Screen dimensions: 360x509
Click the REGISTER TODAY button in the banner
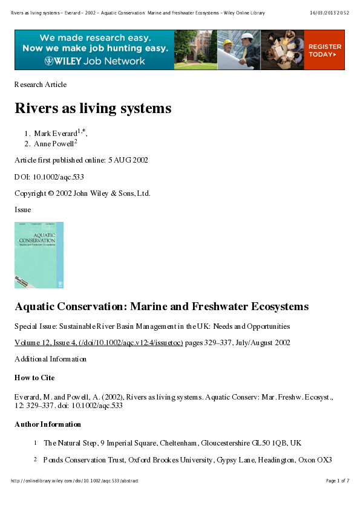pyautogui.click(x=324, y=50)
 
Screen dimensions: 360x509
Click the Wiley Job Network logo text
pyautogui.click(x=94, y=61)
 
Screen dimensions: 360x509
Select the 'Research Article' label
pyautogui.click(x=41, y=85)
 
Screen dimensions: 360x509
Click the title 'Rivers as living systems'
pyautogui.click(x=93, y=109)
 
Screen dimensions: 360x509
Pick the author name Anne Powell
pyautogui.click(x=54, y=144)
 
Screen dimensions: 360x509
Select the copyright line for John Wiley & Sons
pyautogui.click(x=82, y=193)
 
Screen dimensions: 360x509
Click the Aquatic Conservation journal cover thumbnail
pyautogui.click(x=39, y=254)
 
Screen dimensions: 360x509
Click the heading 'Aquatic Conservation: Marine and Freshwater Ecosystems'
pyautogui.click(x=162, y=307)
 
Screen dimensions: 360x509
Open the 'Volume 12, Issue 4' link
pyautogui.click(x=99, y=343)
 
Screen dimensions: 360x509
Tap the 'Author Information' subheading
pyautogui.click(x=48, y=424)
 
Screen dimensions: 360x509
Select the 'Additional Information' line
pyautogui.click(x=50, y=359)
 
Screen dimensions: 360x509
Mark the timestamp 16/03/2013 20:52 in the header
pyautogui.click(x=330, y=13)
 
